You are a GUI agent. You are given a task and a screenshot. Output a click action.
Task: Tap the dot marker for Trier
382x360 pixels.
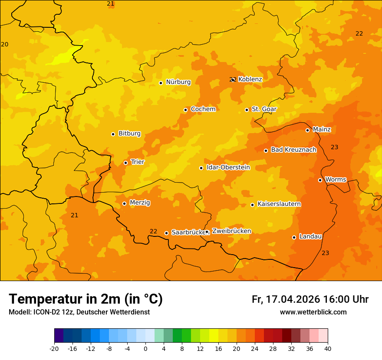point(126,163)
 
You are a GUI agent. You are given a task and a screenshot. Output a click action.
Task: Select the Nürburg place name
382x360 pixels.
point(178,82)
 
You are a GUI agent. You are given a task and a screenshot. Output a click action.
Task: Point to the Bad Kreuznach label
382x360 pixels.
point(293,150)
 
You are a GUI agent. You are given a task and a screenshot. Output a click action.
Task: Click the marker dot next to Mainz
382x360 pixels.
point(307,130)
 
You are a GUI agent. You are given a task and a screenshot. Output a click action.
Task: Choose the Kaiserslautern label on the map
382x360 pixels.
point(279,204)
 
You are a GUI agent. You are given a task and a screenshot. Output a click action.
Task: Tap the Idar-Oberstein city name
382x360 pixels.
point(228,167)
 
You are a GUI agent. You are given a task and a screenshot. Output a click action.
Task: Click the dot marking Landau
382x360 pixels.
point(294,237)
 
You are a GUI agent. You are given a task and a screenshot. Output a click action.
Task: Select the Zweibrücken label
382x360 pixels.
point(231,231)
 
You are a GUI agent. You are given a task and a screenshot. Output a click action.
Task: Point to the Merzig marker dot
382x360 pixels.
point(124,203)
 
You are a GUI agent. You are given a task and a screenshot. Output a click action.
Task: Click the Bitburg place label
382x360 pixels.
point(129,134)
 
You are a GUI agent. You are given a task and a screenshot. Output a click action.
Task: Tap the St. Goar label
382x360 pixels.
point(264,109)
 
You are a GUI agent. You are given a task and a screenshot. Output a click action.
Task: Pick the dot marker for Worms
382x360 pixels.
point(320,180)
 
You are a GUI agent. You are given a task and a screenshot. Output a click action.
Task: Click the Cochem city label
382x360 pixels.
point(203,109)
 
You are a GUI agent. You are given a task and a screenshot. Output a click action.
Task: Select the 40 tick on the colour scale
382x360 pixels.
point(328,349)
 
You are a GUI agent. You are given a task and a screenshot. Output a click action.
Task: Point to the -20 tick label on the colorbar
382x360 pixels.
point(54,349)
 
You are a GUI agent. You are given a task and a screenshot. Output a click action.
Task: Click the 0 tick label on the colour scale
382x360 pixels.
point(145,349)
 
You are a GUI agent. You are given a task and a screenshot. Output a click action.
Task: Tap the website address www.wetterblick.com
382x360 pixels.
point(313,312)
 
